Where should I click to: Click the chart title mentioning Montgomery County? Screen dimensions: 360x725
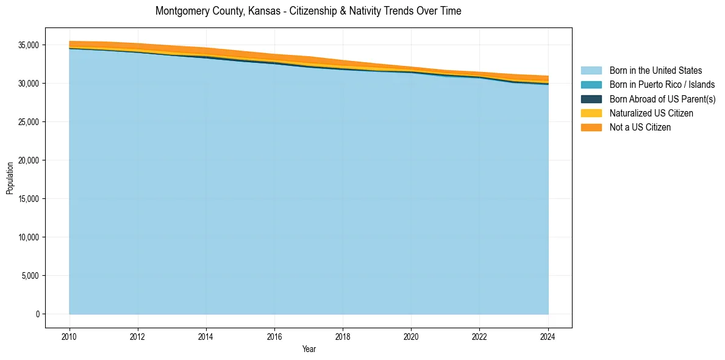click(308, 11)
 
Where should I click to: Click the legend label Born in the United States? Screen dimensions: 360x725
click(655, 71)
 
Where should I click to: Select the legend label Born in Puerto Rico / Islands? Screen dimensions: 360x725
click(662, 85)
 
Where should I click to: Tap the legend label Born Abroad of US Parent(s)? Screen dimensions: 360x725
click(662, 99)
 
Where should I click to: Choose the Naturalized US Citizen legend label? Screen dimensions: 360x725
click(651, 113)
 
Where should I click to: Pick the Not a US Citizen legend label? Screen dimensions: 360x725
click(640, 127)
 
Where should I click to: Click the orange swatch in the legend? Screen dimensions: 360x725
click(591, 127)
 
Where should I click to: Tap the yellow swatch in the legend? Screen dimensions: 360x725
click(591, 113)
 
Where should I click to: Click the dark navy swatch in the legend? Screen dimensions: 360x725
click(591, 99)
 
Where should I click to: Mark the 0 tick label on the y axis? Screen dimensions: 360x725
click(37, 314)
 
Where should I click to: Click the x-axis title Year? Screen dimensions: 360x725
click(309, 349)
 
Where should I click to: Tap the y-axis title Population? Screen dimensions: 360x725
click(10, 178)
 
